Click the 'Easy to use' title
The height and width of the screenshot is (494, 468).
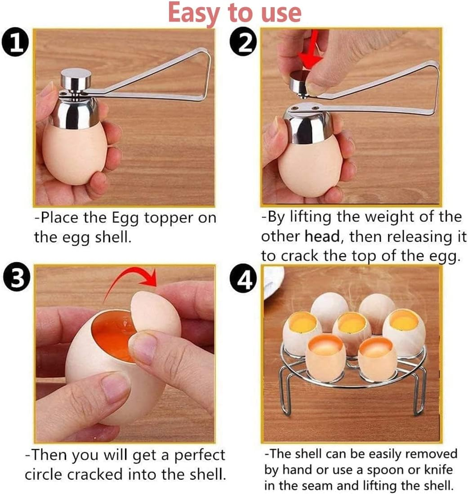point(234,13)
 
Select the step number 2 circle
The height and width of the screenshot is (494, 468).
point(243,44)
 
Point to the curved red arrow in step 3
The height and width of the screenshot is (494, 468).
point(130,282)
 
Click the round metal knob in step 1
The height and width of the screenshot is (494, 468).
point(76,80)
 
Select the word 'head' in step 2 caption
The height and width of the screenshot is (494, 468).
point(320,236)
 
